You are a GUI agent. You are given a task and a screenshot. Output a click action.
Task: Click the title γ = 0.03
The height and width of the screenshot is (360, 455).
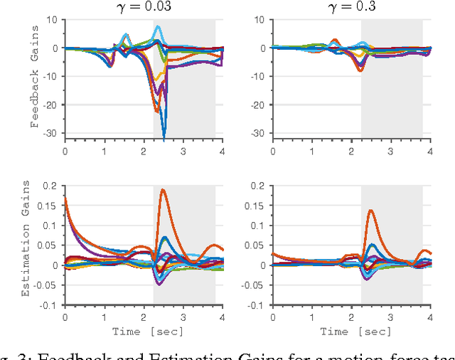[144, 6]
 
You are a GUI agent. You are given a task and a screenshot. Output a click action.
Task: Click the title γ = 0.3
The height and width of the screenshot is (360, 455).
[350, 6]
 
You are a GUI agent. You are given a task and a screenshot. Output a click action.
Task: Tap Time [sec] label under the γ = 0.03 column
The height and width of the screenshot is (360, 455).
[144, 331]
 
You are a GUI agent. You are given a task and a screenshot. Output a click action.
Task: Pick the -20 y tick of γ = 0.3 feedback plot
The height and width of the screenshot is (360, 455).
[260, 105]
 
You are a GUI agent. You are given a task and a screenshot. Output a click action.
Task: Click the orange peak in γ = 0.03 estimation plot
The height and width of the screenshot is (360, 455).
[163, 189]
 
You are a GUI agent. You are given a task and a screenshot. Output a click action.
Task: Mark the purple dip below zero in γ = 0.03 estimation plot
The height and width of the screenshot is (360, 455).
[159, 284]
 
